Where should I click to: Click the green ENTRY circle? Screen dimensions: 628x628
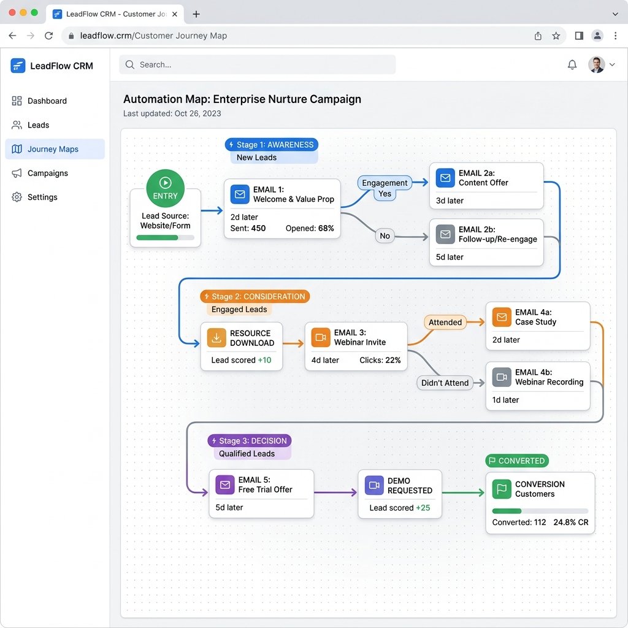pos(165,188)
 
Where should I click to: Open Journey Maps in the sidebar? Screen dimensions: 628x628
pos(53,149)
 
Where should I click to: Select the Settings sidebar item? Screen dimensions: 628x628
pos(42,197)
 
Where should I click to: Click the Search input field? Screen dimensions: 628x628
pos(258,64)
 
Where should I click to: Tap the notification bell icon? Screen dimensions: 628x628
pos(572,64)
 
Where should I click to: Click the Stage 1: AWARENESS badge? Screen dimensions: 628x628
pos(271,145)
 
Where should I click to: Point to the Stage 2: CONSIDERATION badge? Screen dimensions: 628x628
pos(255,296)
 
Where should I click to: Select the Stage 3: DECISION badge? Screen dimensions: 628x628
pos(249,440)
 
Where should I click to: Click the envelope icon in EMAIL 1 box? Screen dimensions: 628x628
pos(239,194)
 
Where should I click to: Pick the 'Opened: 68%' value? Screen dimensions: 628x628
pos(310,228)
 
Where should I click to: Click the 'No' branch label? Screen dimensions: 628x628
pos(385,235)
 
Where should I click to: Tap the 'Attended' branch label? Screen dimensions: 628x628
pos(445,322)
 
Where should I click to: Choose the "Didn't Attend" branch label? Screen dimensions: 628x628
pos(445,383)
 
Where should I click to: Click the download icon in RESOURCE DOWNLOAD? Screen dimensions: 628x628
pos(216,338)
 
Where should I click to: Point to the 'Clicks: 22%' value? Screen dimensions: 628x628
pos(380,360)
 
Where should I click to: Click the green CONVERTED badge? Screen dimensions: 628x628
pos(516,461)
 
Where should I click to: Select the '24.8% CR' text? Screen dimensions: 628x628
pos(570,523)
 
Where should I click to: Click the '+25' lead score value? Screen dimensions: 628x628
pos(423,508)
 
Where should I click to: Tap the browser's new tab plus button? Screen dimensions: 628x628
pos(196,13)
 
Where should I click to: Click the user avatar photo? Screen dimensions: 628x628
pos(595,64)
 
